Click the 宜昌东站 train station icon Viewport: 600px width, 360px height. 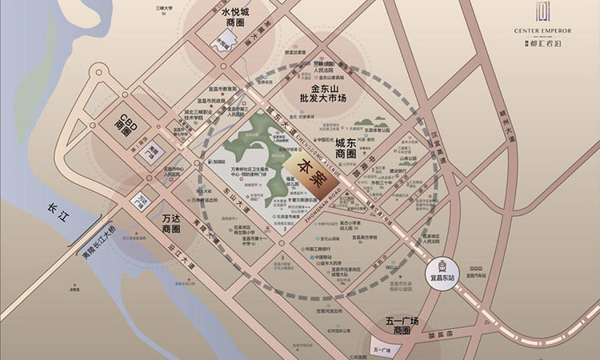click(439, 266)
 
